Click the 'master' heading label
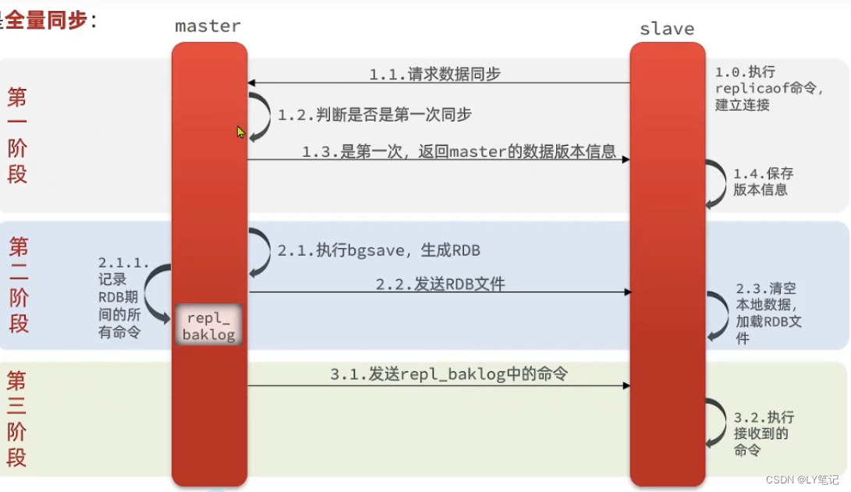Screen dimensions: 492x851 tap(207, 26)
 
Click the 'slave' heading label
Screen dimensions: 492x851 tap(666, 29)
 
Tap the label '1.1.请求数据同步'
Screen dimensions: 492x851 tap(434, 74)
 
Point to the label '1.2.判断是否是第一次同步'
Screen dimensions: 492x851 tap(374, 115)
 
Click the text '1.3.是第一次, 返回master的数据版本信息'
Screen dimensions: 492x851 tap(459, 151)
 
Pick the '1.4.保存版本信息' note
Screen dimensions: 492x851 tap(763, 182)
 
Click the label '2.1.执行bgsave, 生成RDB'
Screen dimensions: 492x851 tap(378, 250)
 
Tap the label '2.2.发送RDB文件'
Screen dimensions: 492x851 tap(440, 285)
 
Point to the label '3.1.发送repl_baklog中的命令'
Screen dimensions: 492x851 tap(449, 374)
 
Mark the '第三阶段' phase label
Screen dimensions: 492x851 tap(17, 419)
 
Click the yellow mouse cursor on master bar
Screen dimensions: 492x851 tap(241, 132)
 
